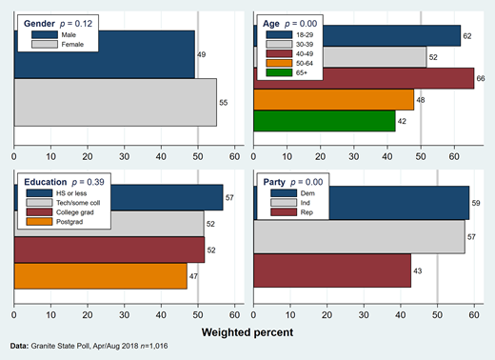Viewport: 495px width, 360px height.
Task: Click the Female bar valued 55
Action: click(x=114, y=101)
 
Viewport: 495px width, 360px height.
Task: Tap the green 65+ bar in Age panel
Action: click(x=324, y=120)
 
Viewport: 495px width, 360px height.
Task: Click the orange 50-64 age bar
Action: click(x=333, y=99)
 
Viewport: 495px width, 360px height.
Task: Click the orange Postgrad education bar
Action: click(x=100, y=275)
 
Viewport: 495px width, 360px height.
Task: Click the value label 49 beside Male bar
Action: click(x=203, y=54)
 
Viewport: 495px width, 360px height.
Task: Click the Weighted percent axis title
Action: click(x=247, y=331)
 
